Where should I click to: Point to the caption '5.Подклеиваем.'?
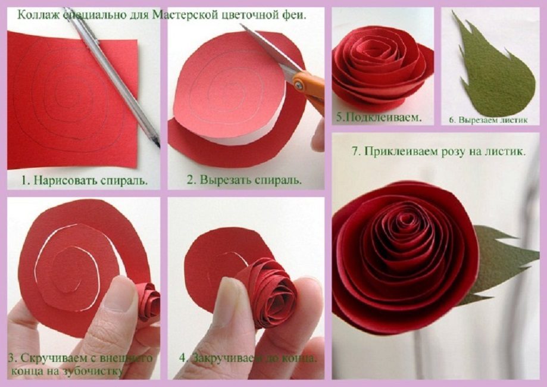click(x=378, y=117)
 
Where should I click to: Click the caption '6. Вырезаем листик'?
click(x=489, y=119)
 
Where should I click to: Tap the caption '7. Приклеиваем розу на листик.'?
click(x=438, y=151)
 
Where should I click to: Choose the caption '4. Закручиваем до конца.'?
click(x=248, y=358)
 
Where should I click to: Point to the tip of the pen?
click(x=158, y=145)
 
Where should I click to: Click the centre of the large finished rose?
click(x=406, y=229)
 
